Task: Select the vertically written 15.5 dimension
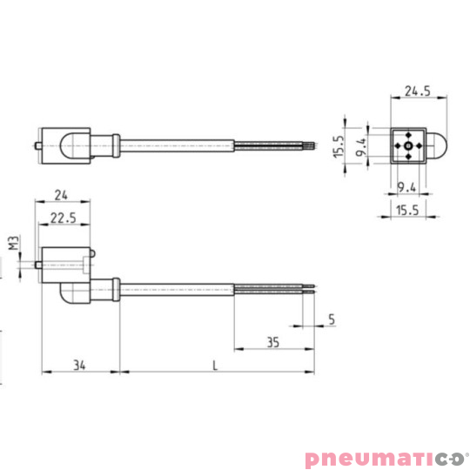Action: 339,146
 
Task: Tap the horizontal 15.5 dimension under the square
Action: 406,210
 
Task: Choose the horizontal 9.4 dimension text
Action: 406,187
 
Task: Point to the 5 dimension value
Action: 332,319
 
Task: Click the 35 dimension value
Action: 272,342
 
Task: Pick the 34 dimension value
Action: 79,365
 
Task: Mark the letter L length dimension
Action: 215,365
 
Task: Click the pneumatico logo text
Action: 379,458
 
